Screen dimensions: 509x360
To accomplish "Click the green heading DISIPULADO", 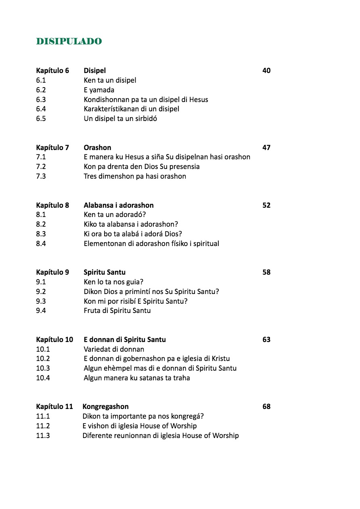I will pos(69,41).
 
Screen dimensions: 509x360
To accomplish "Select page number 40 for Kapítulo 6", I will pos(266,71).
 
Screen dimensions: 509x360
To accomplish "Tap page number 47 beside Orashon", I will pos(266,148).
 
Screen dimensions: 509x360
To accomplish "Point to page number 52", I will pos(266,205).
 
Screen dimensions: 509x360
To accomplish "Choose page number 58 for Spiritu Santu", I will pos(266,272).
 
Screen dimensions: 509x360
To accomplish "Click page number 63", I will pos(266,340).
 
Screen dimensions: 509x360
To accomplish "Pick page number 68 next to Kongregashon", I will pos(266,407).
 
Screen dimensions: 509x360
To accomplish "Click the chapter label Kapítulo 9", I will pos(52,272).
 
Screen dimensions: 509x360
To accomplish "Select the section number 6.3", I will pos(41,100).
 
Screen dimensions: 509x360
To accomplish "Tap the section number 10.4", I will pos(43,378).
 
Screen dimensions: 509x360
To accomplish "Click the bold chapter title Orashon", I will pos(97,148).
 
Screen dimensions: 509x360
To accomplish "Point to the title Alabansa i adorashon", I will pos(119,205).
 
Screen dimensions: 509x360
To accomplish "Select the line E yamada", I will pos(99,90).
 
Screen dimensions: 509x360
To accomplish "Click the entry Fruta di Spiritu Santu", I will pos(117,311).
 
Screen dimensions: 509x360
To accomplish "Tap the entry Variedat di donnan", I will pos(114,349).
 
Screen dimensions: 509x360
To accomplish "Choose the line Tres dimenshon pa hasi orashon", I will pos(135,176).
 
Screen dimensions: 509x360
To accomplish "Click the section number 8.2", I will pos(41,224).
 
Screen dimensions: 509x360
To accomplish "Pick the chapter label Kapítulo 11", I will pos(54,407).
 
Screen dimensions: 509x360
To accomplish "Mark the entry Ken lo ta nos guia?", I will pos(113,282).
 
